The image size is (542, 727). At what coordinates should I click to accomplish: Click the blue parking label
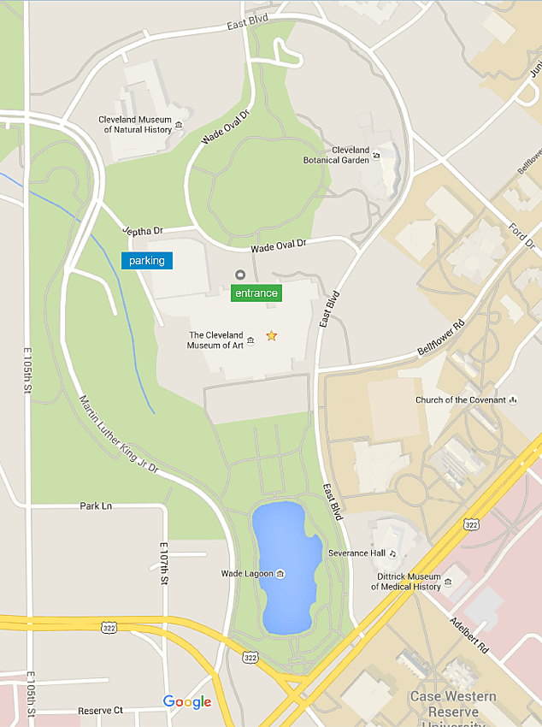coord(146,261)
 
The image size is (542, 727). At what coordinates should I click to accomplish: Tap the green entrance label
coord(256,293)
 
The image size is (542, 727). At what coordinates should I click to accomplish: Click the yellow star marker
coord(272,336)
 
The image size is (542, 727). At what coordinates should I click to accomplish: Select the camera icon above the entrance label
coord(240,275)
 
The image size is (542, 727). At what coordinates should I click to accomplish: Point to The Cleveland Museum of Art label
coord(215,340)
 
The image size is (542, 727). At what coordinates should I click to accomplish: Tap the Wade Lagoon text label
coord(247,573)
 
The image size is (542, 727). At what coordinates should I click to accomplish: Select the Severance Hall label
coord(356,553)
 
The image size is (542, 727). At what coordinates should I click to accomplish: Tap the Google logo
coord(187,702)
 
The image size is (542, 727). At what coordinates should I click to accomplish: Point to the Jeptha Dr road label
coord(142,232)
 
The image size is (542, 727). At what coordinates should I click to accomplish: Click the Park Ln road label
coord(96,506)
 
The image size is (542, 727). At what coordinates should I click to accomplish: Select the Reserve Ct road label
coord(100,711)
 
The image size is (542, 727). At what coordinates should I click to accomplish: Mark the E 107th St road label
coord(162,564)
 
